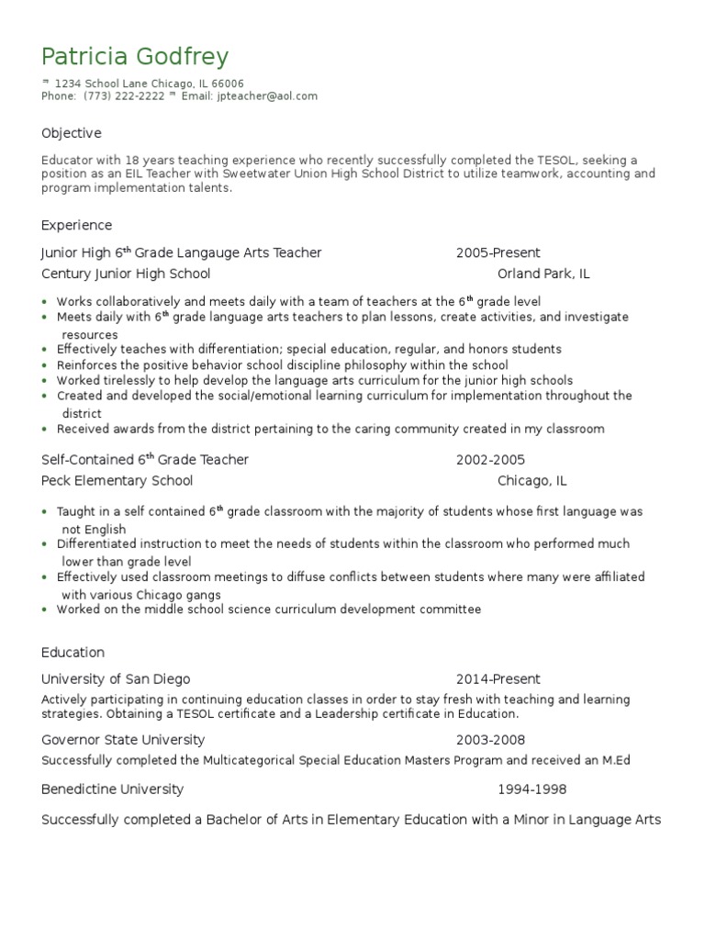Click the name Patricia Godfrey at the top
[x=135, y=57]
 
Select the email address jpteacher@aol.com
[x=267, y=95]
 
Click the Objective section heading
[x=71, y=133]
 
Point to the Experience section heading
[x=76, y=225]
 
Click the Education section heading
[x=73, y=652]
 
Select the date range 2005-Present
[x=498, y=252]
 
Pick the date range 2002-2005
[x=490, y=459]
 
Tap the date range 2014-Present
[x=498, y=679]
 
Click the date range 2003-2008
[x=490, y=740]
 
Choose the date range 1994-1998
[x=532, y=789]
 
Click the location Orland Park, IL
[x=543, y=274]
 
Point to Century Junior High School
[x=126, y=274]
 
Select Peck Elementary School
[x=117, y=480]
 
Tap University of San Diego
[x=116, y=679]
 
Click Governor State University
[x=123, y=740]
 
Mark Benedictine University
[x=112, y=789]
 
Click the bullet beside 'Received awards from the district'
[x=45, y=429]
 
